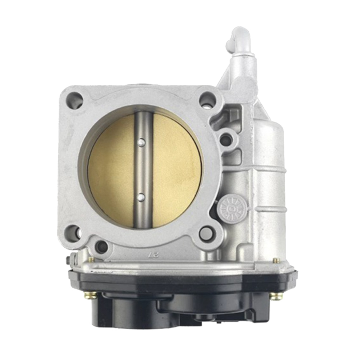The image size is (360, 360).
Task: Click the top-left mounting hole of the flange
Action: tap(74, 100)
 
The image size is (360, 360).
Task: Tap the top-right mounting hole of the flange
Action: tap(208, 99)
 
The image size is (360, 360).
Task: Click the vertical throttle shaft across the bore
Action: tap(143, 170)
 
